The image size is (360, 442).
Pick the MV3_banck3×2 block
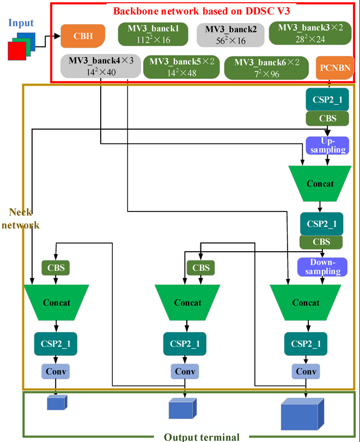tap(306, 33)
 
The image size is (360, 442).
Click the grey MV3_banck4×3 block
tap(96, 66)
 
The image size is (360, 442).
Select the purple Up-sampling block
tap(326, 145)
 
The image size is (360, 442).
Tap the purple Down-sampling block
tap(321, 267)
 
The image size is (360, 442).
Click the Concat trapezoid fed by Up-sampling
tap(320, 183)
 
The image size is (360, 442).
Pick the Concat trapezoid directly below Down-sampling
tap(306, 302)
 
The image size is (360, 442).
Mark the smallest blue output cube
tap(56, 403)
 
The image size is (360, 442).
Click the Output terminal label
tap(202, 437)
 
